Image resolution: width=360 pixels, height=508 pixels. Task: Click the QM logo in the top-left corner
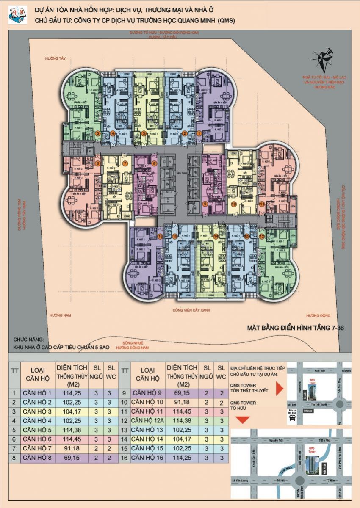(x=17, y=15)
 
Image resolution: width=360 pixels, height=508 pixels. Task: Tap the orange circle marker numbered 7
(x=125, y=163)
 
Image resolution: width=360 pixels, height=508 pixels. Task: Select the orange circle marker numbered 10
(x=234, y=204)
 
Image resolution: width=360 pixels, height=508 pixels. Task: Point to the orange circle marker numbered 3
(x=144, y=133)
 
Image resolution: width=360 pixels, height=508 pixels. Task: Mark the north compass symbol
(x=323, y=60)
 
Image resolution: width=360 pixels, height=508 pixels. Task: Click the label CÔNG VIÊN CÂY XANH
(x=191, y=310)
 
